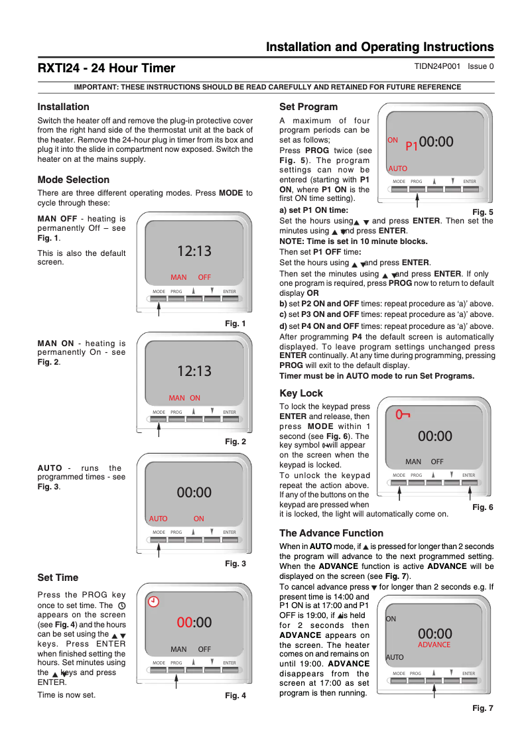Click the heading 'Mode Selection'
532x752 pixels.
click(x=74, y=180)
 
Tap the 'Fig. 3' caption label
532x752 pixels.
click(x=235, y=564)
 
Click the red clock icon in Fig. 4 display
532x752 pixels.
click(x=153, y=601)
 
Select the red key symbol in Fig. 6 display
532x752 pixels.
click(x=403, y=414)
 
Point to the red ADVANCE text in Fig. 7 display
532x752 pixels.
click(x=434, y=645)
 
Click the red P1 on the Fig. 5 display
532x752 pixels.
click(x=411, y=145)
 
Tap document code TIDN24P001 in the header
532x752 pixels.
click(x=436, y=66)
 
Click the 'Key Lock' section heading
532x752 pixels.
click(x=301, y=393)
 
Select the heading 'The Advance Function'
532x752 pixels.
click(x=331, y=533)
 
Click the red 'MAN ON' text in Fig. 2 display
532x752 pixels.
click(x=184, y=398)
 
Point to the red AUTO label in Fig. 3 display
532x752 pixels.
click(x=159, y=519)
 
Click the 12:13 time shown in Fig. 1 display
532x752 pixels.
click(x=194, y=251)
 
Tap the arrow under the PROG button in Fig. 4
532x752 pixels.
click(x=176, y=680)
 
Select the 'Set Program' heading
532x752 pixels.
click(x=308, y=107)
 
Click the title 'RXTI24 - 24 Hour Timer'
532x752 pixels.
click(x=106, y=68)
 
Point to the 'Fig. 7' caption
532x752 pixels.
click(x=483, y=708)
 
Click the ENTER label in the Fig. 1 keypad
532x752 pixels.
click(x=230, y=292)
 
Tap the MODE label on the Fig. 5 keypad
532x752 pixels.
click(x=399, y=181)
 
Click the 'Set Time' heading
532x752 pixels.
click(x=58, y=578)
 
